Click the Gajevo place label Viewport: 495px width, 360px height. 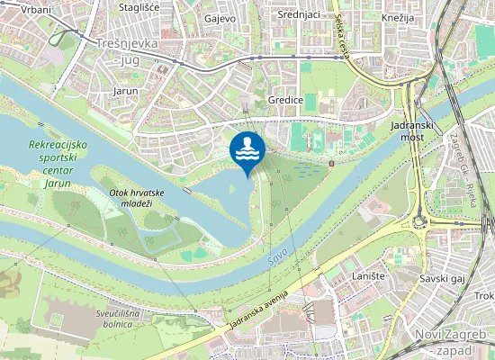pyautogui.click(x=220, y=18)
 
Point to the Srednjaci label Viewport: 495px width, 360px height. pyautogui.click(x=298, y=14)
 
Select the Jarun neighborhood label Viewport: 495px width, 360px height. pyautogui.click(x=125, y=91)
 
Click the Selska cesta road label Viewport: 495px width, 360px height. pyautogui.click(x=340, y=36)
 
